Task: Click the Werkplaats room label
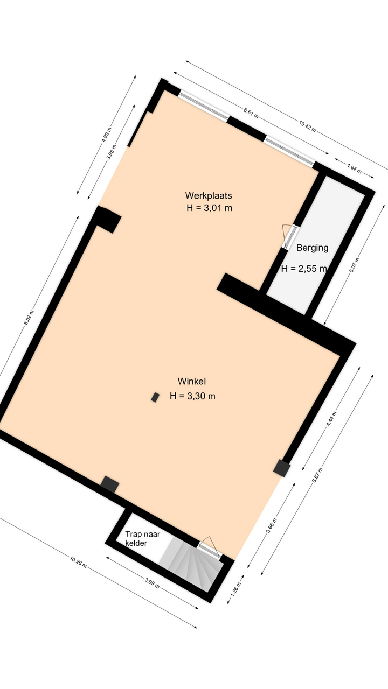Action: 209,195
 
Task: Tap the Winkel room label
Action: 191,382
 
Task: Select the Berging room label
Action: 312,248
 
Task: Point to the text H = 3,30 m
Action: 192,396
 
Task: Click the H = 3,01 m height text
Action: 210,208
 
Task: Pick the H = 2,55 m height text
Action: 304,269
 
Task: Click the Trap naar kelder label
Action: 143,539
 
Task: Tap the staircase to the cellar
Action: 191,564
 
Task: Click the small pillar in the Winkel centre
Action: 155,397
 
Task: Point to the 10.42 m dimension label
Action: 307,126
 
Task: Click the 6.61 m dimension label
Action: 251,113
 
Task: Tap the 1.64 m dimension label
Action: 354,168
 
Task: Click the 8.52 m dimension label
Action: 29,318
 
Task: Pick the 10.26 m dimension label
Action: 78,563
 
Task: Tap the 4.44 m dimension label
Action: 331,419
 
